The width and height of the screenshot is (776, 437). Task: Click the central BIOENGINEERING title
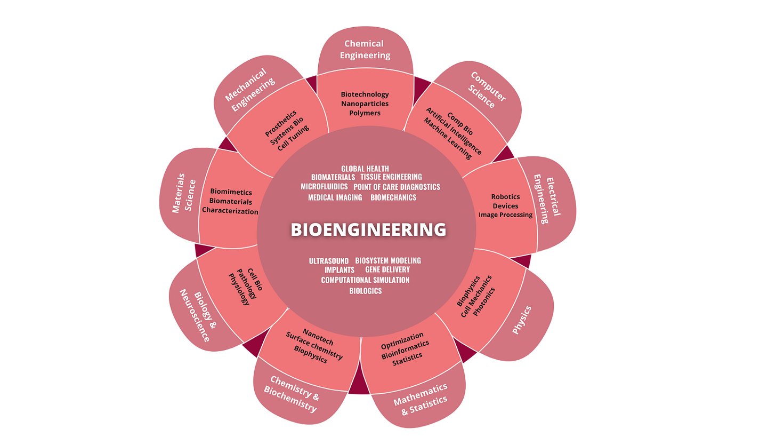(368, 229)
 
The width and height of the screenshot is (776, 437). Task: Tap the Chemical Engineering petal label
(365, 50)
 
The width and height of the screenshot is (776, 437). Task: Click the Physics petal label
(522, 320)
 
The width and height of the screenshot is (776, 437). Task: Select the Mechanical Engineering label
(249, 88)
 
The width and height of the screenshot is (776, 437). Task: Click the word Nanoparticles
(365, 104)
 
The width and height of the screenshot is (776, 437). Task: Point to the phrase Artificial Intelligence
(454, 131)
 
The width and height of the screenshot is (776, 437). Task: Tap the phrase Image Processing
(505, 215)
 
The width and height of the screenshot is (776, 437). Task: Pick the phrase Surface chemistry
(314, 345)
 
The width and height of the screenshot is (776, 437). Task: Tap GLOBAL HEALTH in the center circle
(365, 169)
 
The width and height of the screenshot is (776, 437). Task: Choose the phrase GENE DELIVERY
(387, 269)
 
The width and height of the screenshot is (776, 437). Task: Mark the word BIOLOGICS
(365, 291)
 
